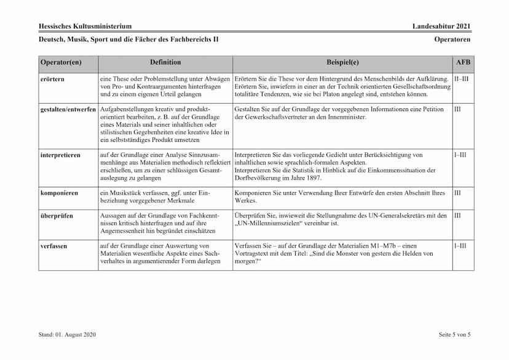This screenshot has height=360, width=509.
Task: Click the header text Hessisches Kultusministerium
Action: pos(85,26)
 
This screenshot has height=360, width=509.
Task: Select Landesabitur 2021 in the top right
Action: pos(442,26)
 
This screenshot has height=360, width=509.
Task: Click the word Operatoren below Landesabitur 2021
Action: pos(452,39)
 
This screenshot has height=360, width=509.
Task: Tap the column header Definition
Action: pos(165,62)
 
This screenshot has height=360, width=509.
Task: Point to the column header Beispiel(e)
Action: pos(342,62)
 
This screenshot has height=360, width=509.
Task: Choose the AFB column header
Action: pos(462,62)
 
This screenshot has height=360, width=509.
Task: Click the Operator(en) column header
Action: pos(61,62)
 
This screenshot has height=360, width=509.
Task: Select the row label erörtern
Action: pos(52,79)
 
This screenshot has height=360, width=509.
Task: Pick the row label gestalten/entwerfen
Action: pos(68,109)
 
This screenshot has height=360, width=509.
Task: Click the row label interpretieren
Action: pos(60,155)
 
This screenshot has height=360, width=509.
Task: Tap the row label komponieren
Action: pos(59,193)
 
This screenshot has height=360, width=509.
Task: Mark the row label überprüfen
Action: pos(56,216)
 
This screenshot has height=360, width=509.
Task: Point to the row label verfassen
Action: pos(53,246)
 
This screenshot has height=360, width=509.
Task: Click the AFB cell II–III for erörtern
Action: pos(462,79)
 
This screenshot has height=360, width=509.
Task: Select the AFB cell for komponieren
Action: pos(457,193)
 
